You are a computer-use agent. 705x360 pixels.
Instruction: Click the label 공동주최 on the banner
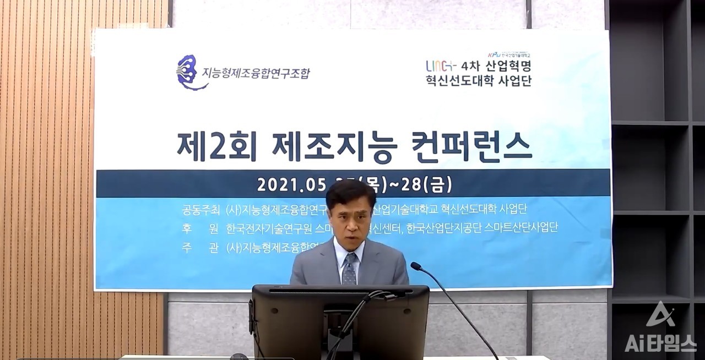pos(201,210)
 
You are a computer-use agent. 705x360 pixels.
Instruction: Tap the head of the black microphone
pos(415,266)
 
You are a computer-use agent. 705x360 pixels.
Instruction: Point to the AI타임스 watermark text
pos(660,343)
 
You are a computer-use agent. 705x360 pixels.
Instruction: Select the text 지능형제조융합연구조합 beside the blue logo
pos(256,73)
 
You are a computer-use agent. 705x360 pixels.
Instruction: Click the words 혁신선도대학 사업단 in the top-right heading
pos(478,80)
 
